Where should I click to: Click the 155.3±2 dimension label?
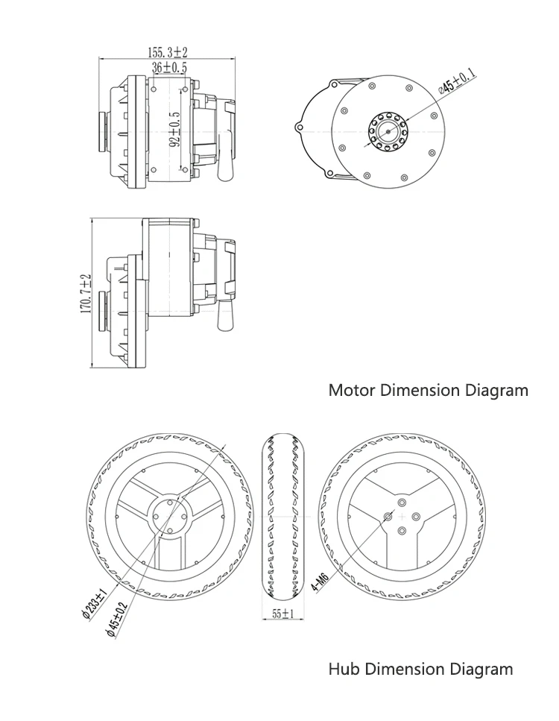coord(168,52)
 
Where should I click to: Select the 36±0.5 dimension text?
coord(170,67)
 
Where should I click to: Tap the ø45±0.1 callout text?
coord(457,79)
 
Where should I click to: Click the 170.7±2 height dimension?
coord(86,294)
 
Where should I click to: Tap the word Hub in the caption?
coord(344,669)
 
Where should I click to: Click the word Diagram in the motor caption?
coord(497,390)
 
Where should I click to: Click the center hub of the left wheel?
coord(169,517)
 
